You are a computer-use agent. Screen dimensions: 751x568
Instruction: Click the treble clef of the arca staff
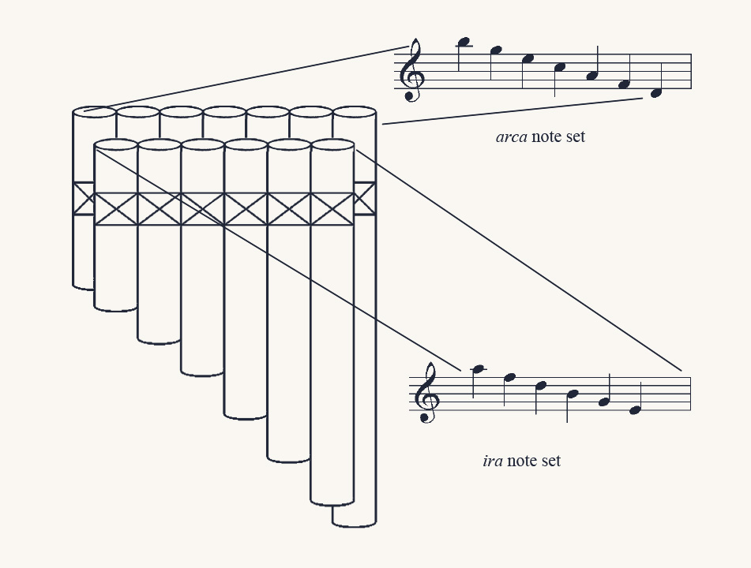(411, 70)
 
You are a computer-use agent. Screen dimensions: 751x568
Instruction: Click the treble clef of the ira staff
(426, 393)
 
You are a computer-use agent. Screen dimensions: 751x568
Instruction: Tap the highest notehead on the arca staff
(464, 43)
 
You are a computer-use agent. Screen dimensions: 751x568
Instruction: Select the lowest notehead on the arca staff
(656, 93)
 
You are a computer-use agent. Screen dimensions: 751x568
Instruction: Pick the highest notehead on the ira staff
(478, 369)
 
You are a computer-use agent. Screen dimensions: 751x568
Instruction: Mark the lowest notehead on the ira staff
(635, 410)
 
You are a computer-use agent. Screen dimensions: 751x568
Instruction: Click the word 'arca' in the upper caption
(512, 137)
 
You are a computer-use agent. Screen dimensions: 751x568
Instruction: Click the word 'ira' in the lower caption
(493, 461)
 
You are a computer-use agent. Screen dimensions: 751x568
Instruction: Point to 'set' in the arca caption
(575, 136)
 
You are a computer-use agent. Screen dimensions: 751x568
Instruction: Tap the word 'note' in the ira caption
(523, 461)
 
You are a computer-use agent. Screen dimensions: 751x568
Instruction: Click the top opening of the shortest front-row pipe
(116, 145)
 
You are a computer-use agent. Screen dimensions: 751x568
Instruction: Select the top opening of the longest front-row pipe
(332, 145)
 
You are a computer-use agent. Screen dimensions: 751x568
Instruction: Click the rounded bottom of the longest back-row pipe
(355, 524)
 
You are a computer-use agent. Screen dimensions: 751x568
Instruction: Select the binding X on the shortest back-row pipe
(84, 199)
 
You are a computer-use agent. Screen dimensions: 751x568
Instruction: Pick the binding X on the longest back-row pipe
(365, 199)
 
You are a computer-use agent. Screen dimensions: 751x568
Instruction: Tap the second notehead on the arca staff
(496, 50)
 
